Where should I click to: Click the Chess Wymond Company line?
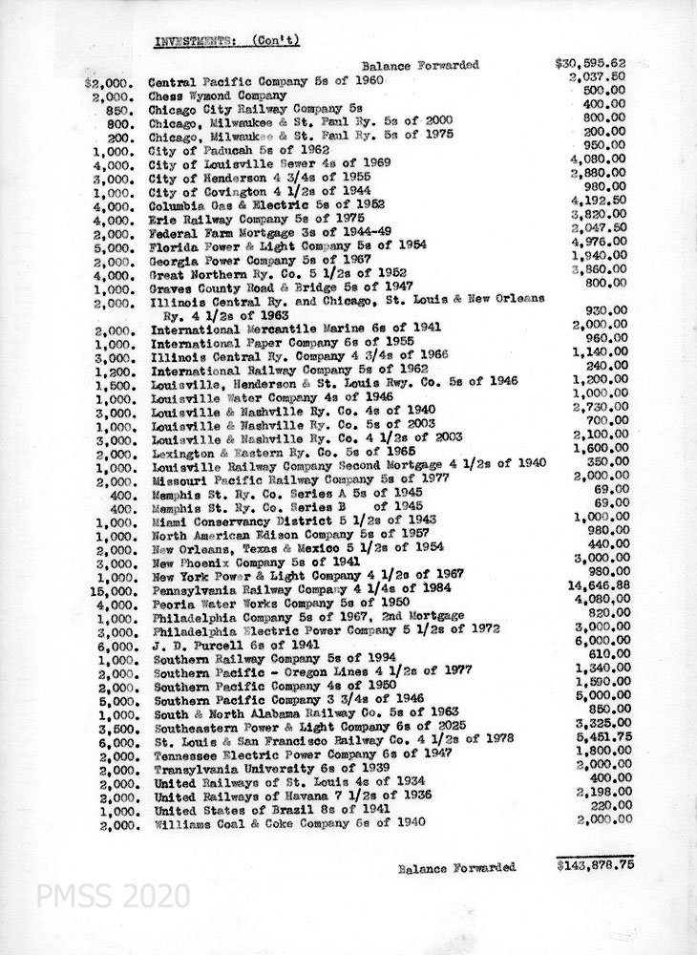click(x=219, y=95)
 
